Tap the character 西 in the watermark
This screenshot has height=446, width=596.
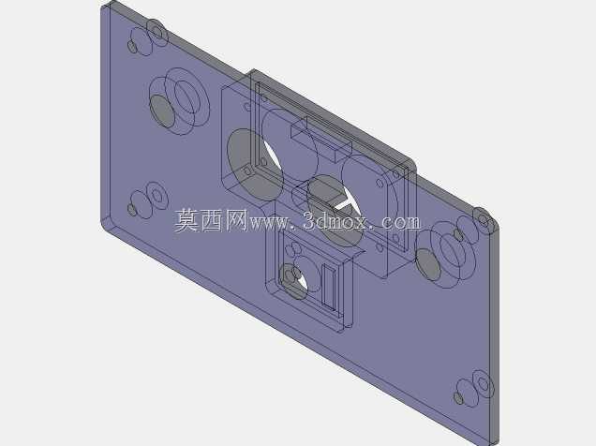point(212,220)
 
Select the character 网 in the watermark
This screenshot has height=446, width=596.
point(236,220)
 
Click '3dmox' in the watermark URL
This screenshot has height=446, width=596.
point(335,221)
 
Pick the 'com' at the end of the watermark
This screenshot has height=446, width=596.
point(401,222)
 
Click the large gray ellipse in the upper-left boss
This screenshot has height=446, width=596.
point(162,111)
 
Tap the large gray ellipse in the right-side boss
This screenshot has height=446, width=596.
point(429,264)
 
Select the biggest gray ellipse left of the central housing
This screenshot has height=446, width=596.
point(254,164)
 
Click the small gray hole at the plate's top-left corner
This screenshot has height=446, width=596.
point(132,46)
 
